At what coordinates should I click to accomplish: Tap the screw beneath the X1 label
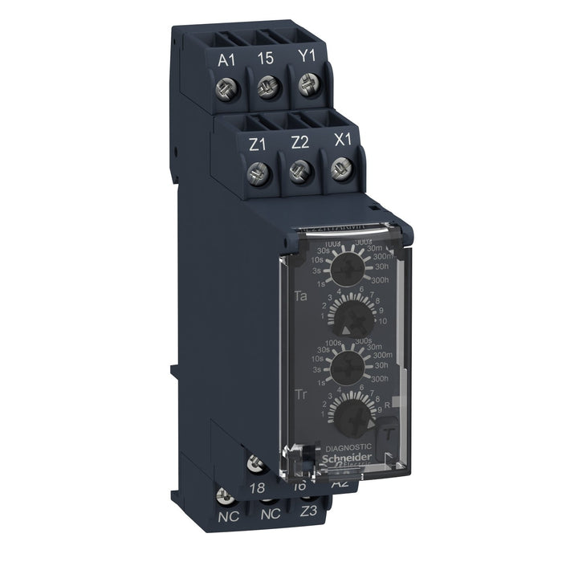(x=338, y=169)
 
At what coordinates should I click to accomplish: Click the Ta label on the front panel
(x=302, y=296)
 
